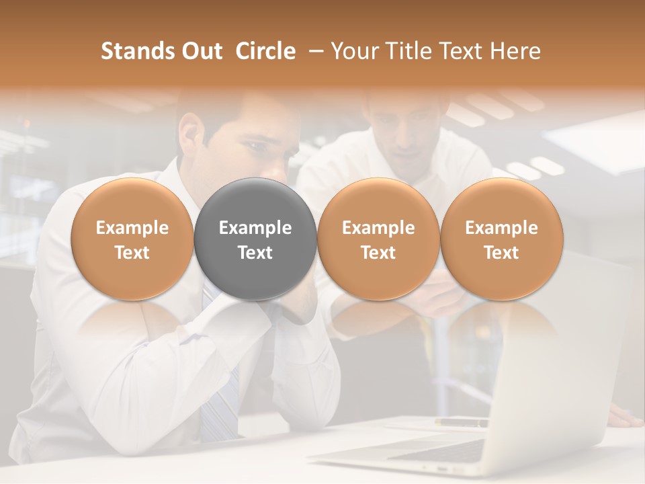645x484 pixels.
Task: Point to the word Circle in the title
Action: coord(265,51)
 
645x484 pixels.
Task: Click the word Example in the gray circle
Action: coord(255,228)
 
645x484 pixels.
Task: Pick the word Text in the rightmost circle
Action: coord(502,253)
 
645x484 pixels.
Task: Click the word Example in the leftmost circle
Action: coord(132,228)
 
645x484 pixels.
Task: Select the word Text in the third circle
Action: coord(378,253)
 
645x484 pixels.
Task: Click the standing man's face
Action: coord(403,131)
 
